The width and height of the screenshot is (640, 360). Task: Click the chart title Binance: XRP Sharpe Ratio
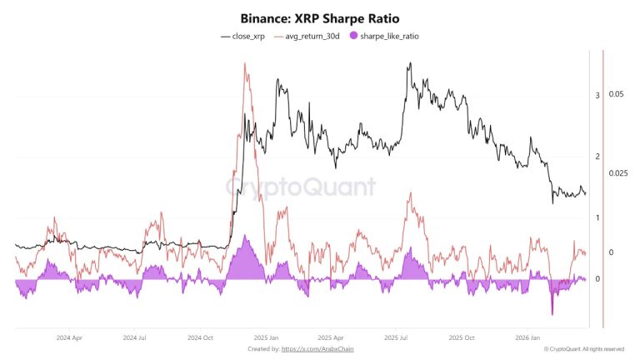pos(320,17)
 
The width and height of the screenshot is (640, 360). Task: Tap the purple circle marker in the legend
pos(355,37)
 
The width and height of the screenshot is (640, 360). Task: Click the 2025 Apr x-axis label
pos(331,338)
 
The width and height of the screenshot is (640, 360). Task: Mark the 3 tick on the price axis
pos(597,96)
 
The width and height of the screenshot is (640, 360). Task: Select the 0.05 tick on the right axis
pos(616,95)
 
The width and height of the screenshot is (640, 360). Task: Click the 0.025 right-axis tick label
pos(617,173)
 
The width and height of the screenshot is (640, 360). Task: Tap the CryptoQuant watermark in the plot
pos(301,186)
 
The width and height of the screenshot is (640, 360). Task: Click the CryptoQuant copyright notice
pos(583,349)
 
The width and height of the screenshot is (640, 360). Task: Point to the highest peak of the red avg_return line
pos(245,64)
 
